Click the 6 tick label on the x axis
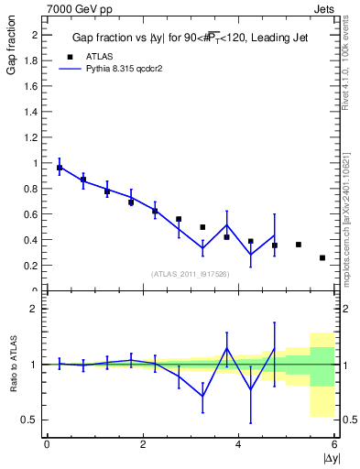(x=334, y=445)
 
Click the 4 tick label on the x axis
(x=238, y=445)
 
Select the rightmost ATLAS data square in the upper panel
(x=322, y=258)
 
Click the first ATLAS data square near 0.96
(x=60, y=168)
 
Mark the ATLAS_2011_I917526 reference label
(x=189, y=273)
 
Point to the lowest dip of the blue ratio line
(x=202, y=396)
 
